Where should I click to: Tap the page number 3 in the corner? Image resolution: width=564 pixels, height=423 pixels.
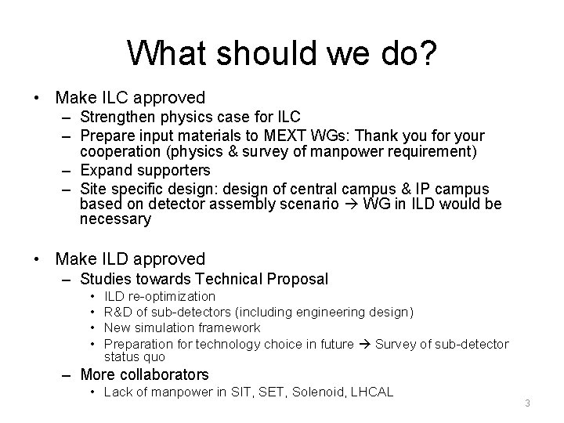pyautogui.click(x=527, y=403)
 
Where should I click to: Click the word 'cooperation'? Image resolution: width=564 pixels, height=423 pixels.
pyautogui.click(x=119, y=151)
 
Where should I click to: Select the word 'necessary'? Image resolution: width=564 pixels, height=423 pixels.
pyautogui.click(x=115, y=219)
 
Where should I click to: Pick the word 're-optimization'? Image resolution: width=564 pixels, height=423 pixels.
pyautogui.click(x=172, y=296)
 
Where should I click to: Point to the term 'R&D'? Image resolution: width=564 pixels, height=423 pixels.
pyautogui.click(x=118, y=313)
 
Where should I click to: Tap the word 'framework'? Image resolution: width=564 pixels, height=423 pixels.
pyautogui.click(x=231, y=328)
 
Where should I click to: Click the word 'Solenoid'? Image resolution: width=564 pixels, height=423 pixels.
pyautogui.click(x=319, y=391)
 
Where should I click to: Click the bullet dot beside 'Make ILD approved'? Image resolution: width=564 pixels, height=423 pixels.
pyautogui.click(x=37, y=258)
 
